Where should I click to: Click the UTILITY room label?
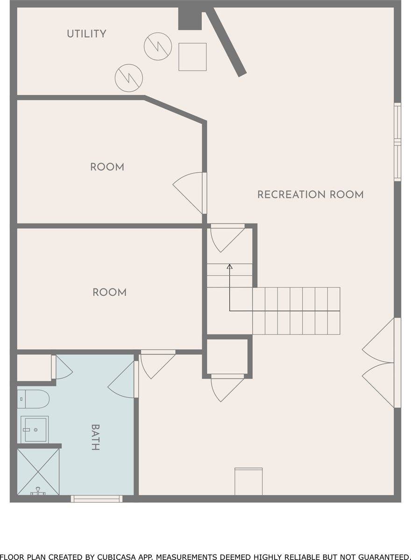pos(86,34)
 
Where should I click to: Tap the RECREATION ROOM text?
pos(311,195)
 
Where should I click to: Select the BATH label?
pos(95,437)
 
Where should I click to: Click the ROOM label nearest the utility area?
pos(107,167)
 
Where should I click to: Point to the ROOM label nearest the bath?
pos(109,293)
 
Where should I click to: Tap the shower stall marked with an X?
pos(38,471)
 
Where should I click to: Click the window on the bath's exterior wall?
pos(97,498)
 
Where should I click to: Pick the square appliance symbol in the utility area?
pos(192,57)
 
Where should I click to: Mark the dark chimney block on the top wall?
pos(190,20)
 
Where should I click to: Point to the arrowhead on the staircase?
pos(229,267)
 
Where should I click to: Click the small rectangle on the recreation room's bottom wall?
pos(248,481)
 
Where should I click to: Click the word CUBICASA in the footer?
pos(118,556)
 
